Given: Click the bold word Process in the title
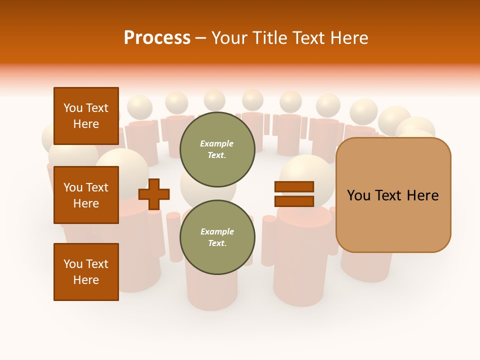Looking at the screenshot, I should pyautogui.click(x=157, y=37).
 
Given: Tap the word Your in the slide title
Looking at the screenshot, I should pyautogui.click(x=229, y=38).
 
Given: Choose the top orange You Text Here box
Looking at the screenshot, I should pyautogui.click(x=86, y=116).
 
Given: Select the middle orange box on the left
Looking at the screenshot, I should pyautogui.click(x=86, y=195).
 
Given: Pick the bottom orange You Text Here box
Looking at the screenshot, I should pyautogui.click(x=86, y=272).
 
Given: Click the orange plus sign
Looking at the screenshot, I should pyautogui.click(x=154, y=194).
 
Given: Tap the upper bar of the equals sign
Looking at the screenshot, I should pyautogui.click(x=294, y=186).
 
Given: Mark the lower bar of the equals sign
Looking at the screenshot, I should pyautogui.click(x=294, y=201).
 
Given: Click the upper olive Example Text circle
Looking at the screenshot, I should pyautogui.click(x=217, y=149).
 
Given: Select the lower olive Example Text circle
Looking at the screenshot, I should pyautogui.click(x=217, y=237).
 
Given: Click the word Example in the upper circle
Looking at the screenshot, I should pyautogui.click(x=217, y=143).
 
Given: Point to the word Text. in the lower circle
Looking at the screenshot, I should pyautogui.click(x=217, y=243).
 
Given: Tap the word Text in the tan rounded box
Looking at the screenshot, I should pyautogui.click(x=391, y=195).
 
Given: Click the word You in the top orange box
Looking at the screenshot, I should pyautogui.click(x=72, y=108).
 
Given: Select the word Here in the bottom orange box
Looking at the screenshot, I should pyautogui.click(x=86, y=280).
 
